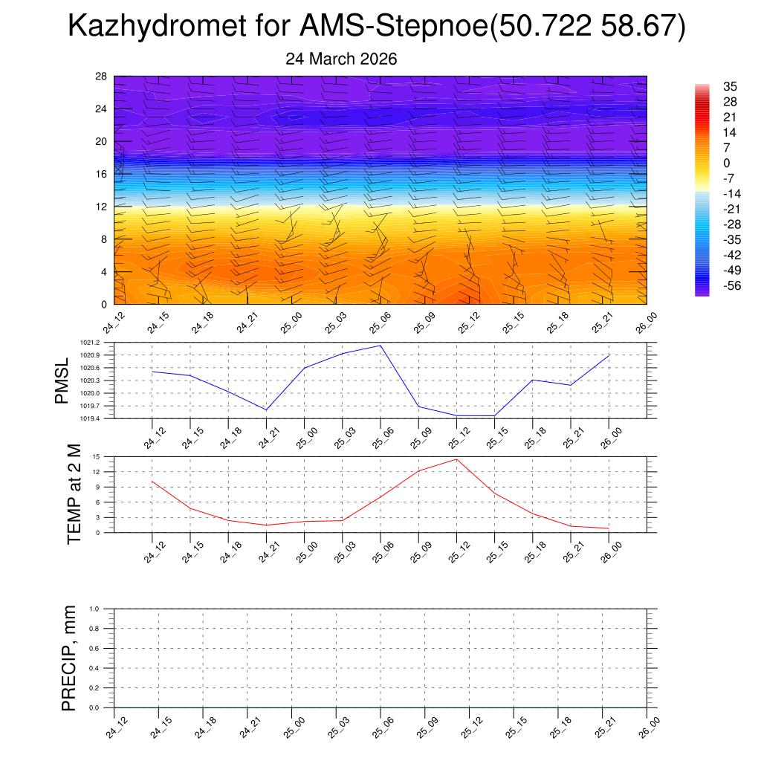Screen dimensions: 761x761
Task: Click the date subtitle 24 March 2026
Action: [x=341, y=59]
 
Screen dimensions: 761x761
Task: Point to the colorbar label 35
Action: [x=730, y=87]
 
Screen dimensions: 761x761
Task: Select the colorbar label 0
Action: [x=727, y=163]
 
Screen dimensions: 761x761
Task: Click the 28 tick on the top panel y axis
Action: [x=101, y=77]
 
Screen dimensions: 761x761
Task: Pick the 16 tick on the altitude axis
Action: [x=101, y=174]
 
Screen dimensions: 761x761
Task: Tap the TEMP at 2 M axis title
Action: [x=74, y=494]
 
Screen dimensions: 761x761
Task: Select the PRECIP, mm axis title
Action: [x=69, y=658]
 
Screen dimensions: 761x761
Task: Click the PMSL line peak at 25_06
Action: [x=381, y=346]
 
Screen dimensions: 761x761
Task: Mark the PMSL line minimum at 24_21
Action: [x=266, y=409]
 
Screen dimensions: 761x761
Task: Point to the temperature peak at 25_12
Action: [x=457, y=459]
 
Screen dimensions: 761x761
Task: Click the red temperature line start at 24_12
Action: [x=152, y=482]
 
